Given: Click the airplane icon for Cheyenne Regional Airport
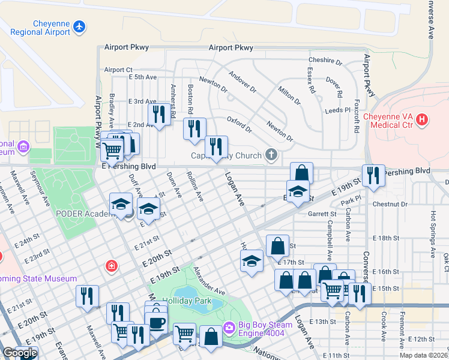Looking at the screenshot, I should [x=79, y=26].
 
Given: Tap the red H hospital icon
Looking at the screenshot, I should [x=422, y=120].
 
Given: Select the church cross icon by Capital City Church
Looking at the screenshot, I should [x=271, y=155].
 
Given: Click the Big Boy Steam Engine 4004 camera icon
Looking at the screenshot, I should [x=228, y=327].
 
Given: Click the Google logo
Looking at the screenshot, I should [x=20, y=353].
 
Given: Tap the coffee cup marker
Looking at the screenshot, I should [x=157, y=323].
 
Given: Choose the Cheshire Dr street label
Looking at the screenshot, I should [x=325, y=61].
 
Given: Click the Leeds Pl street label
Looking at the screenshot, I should [x=337, y=110].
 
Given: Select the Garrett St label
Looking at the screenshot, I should [x=322, y=214].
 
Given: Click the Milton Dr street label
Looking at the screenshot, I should [x=289, y=93].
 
